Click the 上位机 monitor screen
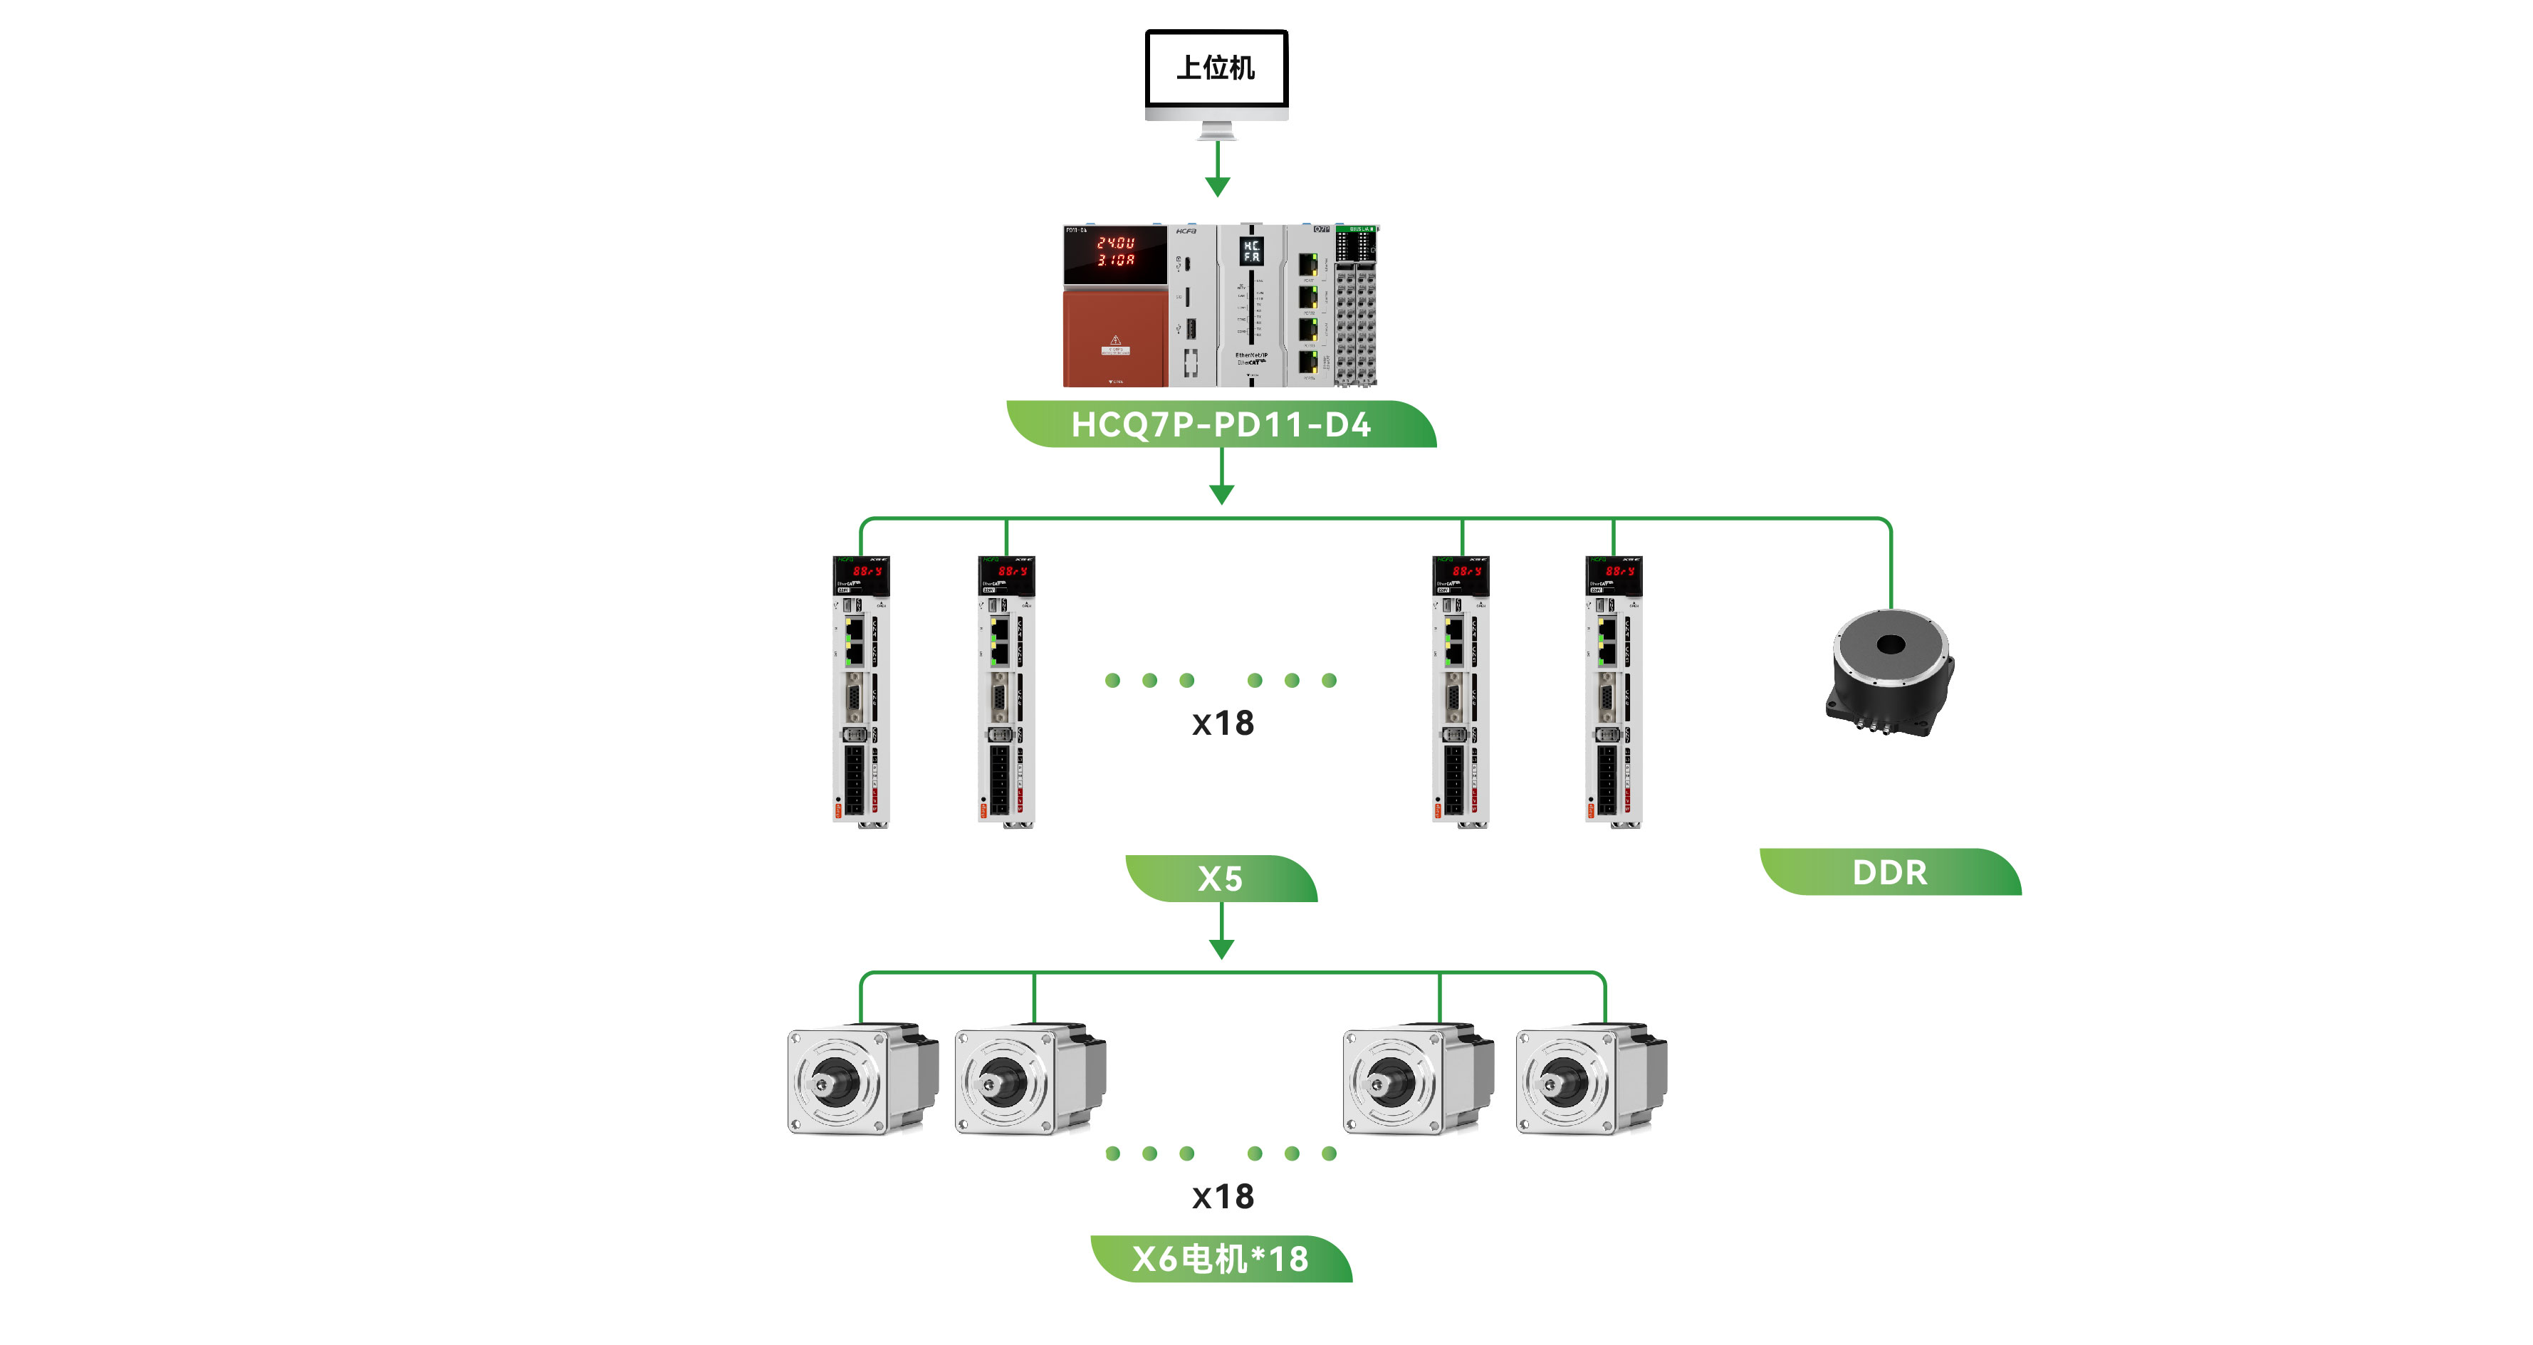tap(1216, 68)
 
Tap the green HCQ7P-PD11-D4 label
tap(1221, 425)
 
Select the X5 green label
tap(1221, 878)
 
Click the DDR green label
tap(1889, 872)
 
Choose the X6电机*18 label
tap(1221, 1258)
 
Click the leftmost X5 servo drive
tap(860, 692)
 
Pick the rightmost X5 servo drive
tap(1613, 692)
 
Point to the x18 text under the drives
tap(1222, 723)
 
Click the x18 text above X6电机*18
tap(1222, 1196)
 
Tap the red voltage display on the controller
tap(1116, 251)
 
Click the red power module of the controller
tap(1115, 337)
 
